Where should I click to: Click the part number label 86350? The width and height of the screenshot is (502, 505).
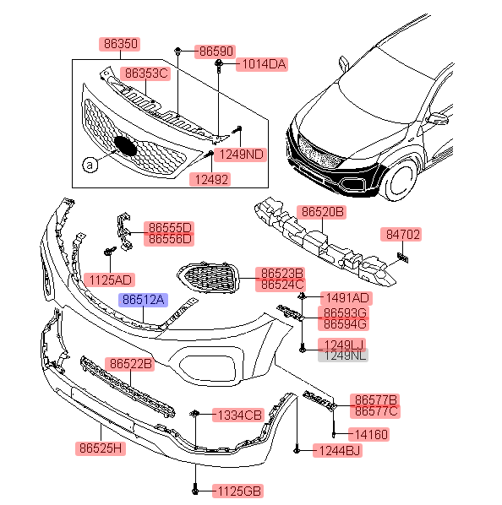(x=119, y=44)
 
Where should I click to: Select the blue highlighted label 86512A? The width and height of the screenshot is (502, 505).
(x=143, y=300)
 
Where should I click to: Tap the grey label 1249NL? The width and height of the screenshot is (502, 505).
(x=343, y=356)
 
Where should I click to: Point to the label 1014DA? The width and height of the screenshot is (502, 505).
(x=262, y=64)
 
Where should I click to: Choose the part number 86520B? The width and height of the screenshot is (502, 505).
(x=321, y=212)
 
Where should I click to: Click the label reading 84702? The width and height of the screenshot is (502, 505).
(x=401, y=235)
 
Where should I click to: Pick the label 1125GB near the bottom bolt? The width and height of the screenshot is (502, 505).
(x=238, y=491)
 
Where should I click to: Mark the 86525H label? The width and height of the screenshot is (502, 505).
(x=101, y=448)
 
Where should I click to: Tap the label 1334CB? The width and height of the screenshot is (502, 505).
(x=238, y=415)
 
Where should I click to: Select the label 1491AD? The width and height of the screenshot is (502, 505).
(x=346, y=298)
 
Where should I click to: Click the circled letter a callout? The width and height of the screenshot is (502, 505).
(x=90, y=165)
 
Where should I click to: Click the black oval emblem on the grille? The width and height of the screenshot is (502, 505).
(x=125, y=146)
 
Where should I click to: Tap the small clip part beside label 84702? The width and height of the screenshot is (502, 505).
(x=403, y=258)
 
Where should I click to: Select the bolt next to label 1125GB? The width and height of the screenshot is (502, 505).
(x=195, y=489)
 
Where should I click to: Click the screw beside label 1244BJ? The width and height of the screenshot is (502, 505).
(x=297, y=449)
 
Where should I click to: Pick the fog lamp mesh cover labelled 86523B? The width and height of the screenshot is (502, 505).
(x=209, y=278)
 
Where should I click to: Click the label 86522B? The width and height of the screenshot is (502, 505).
(x=130, y=364)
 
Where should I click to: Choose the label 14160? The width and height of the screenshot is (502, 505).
(x=369, y=435)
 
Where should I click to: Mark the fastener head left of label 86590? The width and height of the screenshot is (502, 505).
(x=177, y=51)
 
